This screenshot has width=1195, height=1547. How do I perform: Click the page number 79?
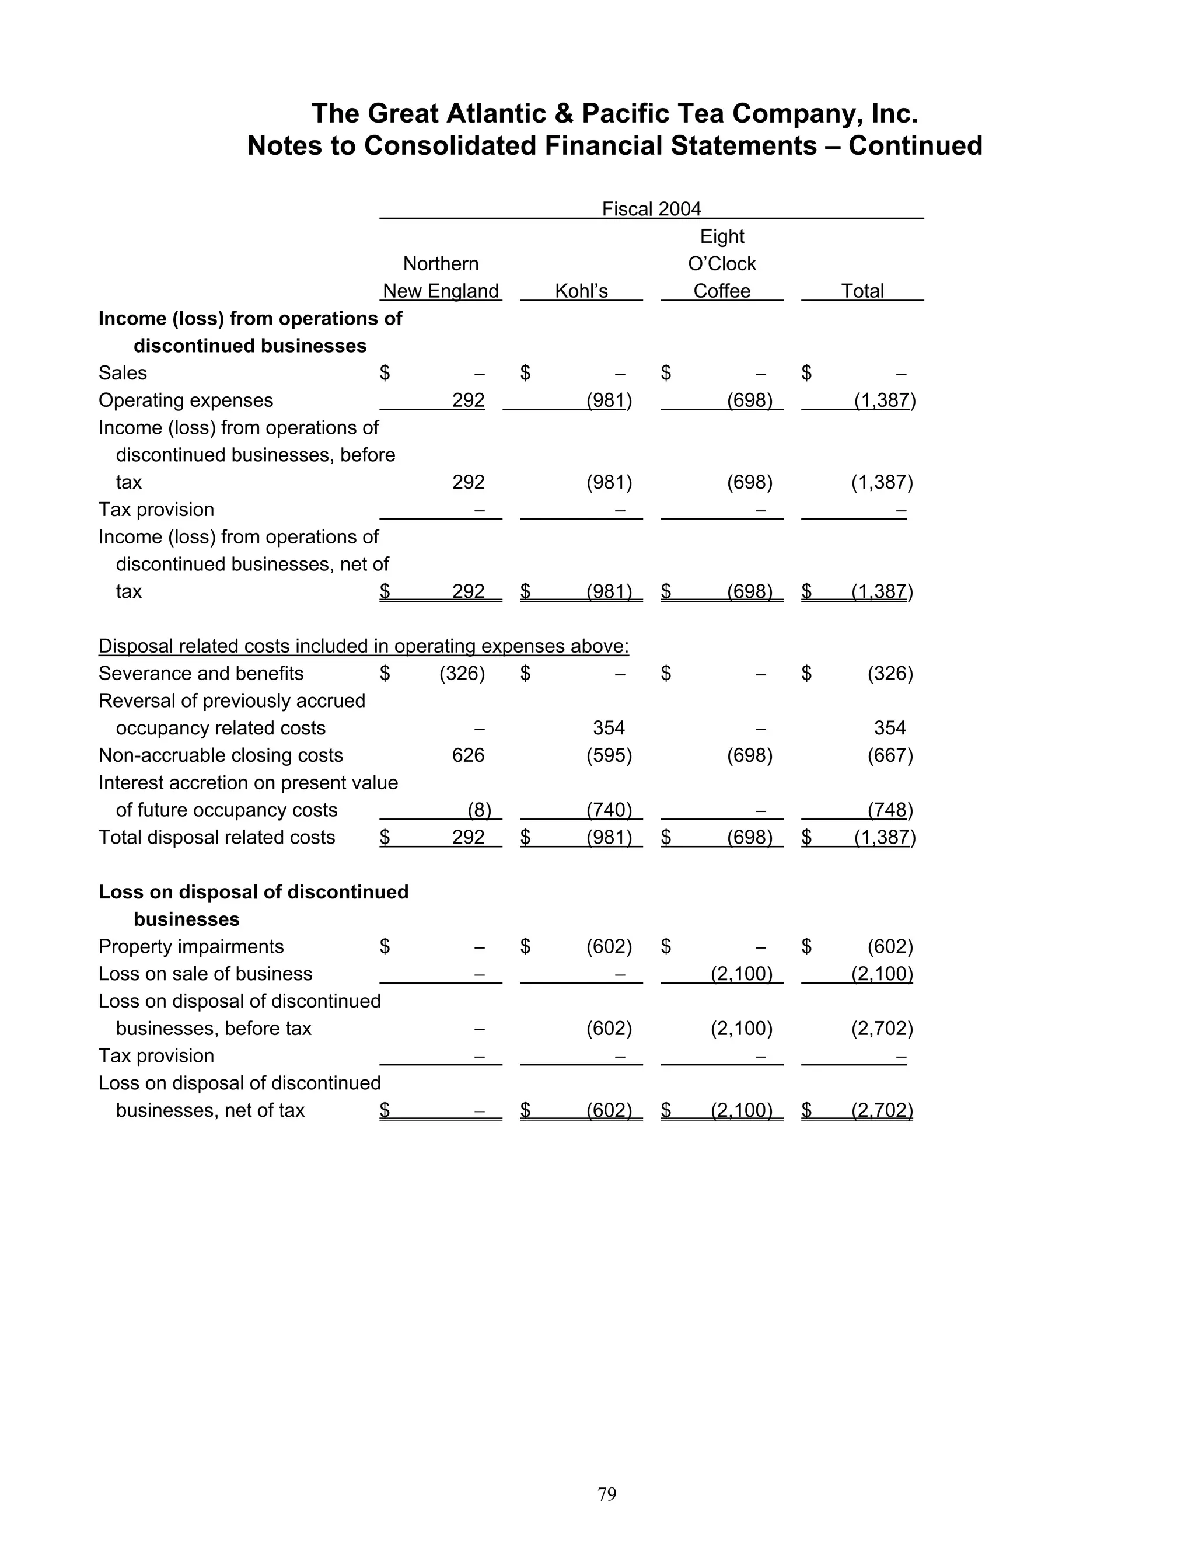tap(607, 1494)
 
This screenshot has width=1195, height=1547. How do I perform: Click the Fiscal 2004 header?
tap(651, 209)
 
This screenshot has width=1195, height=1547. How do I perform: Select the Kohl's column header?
tap(581, 291)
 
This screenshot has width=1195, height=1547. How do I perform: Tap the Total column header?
tap(862, 291)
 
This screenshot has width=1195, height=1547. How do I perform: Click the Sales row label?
tap(123, 372)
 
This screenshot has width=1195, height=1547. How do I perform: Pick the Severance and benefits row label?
tap(201, 673)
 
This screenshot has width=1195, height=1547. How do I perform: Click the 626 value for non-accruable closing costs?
tap(468, 755)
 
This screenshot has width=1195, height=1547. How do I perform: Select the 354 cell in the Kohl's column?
tap(608, 727)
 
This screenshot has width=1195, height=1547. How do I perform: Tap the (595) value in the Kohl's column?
tap(609, 755)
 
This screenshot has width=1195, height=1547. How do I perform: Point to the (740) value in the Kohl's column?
tap(609, 810)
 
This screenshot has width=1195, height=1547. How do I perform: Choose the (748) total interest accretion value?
tap(890, 810)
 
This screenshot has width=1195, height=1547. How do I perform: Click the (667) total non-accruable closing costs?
tap(890, 755)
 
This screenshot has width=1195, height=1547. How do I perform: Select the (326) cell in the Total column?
tap(890, 673)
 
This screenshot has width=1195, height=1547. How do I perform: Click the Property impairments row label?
tap(191, 946)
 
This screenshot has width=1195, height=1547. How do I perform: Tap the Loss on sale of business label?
tap(205, 973)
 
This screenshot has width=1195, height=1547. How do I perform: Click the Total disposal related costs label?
tap(216, 837)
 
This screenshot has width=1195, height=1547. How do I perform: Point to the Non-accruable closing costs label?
tap(221, 755)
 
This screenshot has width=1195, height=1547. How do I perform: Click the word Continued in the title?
tap(915, 146)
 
